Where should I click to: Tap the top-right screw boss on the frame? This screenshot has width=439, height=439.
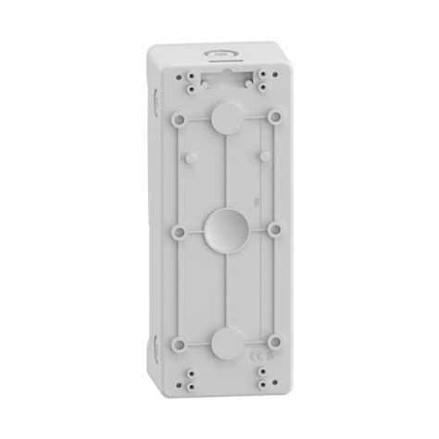coord(275,118)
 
